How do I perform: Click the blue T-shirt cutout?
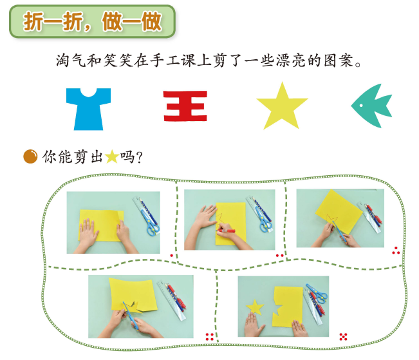pos(88,109)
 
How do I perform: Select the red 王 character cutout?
pos(185,106)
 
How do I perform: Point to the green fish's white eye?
pos(361,106)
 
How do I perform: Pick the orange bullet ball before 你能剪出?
pos(30,156)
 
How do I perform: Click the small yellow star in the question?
pos(112,156)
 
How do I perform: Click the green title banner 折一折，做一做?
pos(93,21)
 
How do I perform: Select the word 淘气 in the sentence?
pos(71,61)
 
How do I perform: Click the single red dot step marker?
pos(172,256)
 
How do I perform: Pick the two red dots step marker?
pos(280,256)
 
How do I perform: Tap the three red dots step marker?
pos(396,251)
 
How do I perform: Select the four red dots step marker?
pos(210,337)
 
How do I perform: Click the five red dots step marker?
pos(343,337)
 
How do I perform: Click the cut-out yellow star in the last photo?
pos(255,307)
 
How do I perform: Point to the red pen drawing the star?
pos(226,231)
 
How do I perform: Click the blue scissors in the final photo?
pos(318,293)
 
